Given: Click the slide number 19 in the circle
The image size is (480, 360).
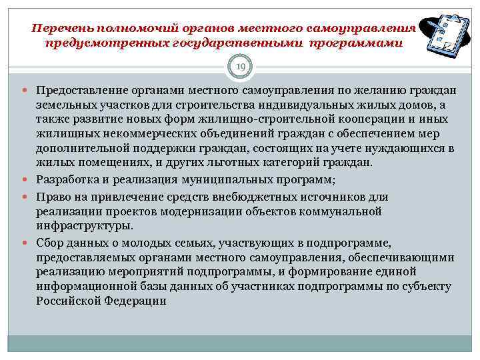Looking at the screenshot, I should pyautogui.click(x=240, y=66).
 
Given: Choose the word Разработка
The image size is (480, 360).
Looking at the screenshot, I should pyautogui.click(x=67, y=179).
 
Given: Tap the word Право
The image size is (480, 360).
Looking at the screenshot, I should pyautogui.click(x=53, y=197).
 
